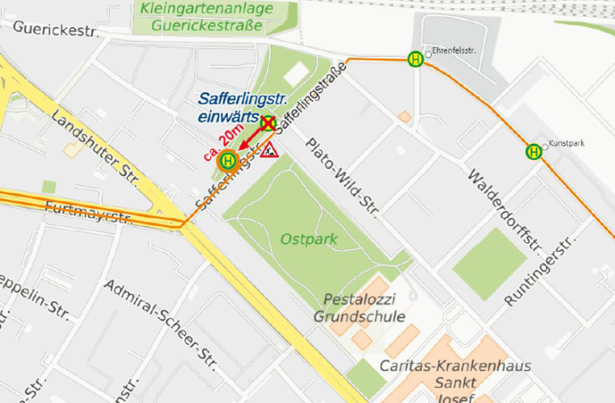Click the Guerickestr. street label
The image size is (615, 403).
[x=55, y=30]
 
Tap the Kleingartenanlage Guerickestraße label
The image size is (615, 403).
[x=206, y=17]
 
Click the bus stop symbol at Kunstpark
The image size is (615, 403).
[x=533, y=151]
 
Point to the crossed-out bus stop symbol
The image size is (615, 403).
[x=267, y=122]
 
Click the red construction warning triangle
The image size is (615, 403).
[x=268, y=149]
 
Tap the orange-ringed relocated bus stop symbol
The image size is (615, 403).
[x=228, y=161]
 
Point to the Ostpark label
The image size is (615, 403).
[x=308, y=239]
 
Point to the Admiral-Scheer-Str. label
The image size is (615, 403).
[x=160, y=320]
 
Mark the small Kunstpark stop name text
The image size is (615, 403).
[x=567, y=143]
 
